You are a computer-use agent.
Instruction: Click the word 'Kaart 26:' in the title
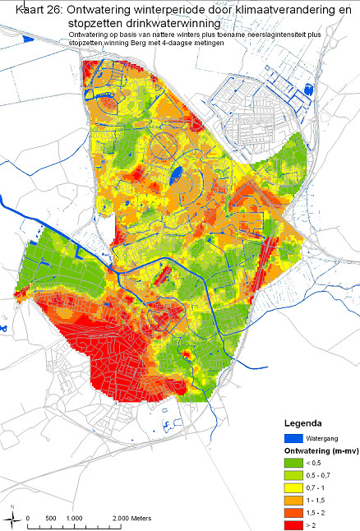click(x=31, y=10)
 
